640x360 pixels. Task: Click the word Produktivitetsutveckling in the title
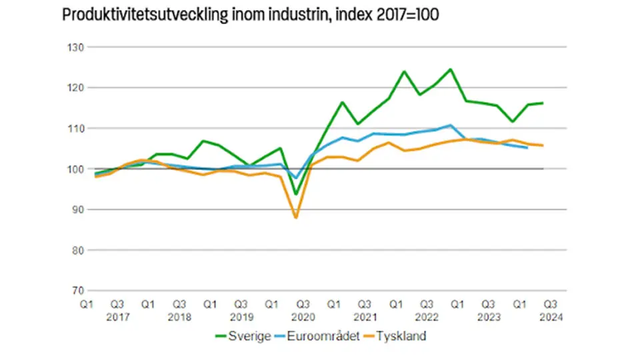[139, 15]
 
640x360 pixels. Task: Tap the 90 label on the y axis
[74, 209]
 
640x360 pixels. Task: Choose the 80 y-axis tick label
[74, 250]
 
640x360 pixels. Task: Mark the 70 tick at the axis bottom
[74, 291]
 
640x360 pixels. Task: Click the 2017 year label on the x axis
[117, 317]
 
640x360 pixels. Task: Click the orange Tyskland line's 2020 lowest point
[295, 217]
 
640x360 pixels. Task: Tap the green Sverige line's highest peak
[451, 69]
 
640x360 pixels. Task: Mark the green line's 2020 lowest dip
[295, 194]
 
